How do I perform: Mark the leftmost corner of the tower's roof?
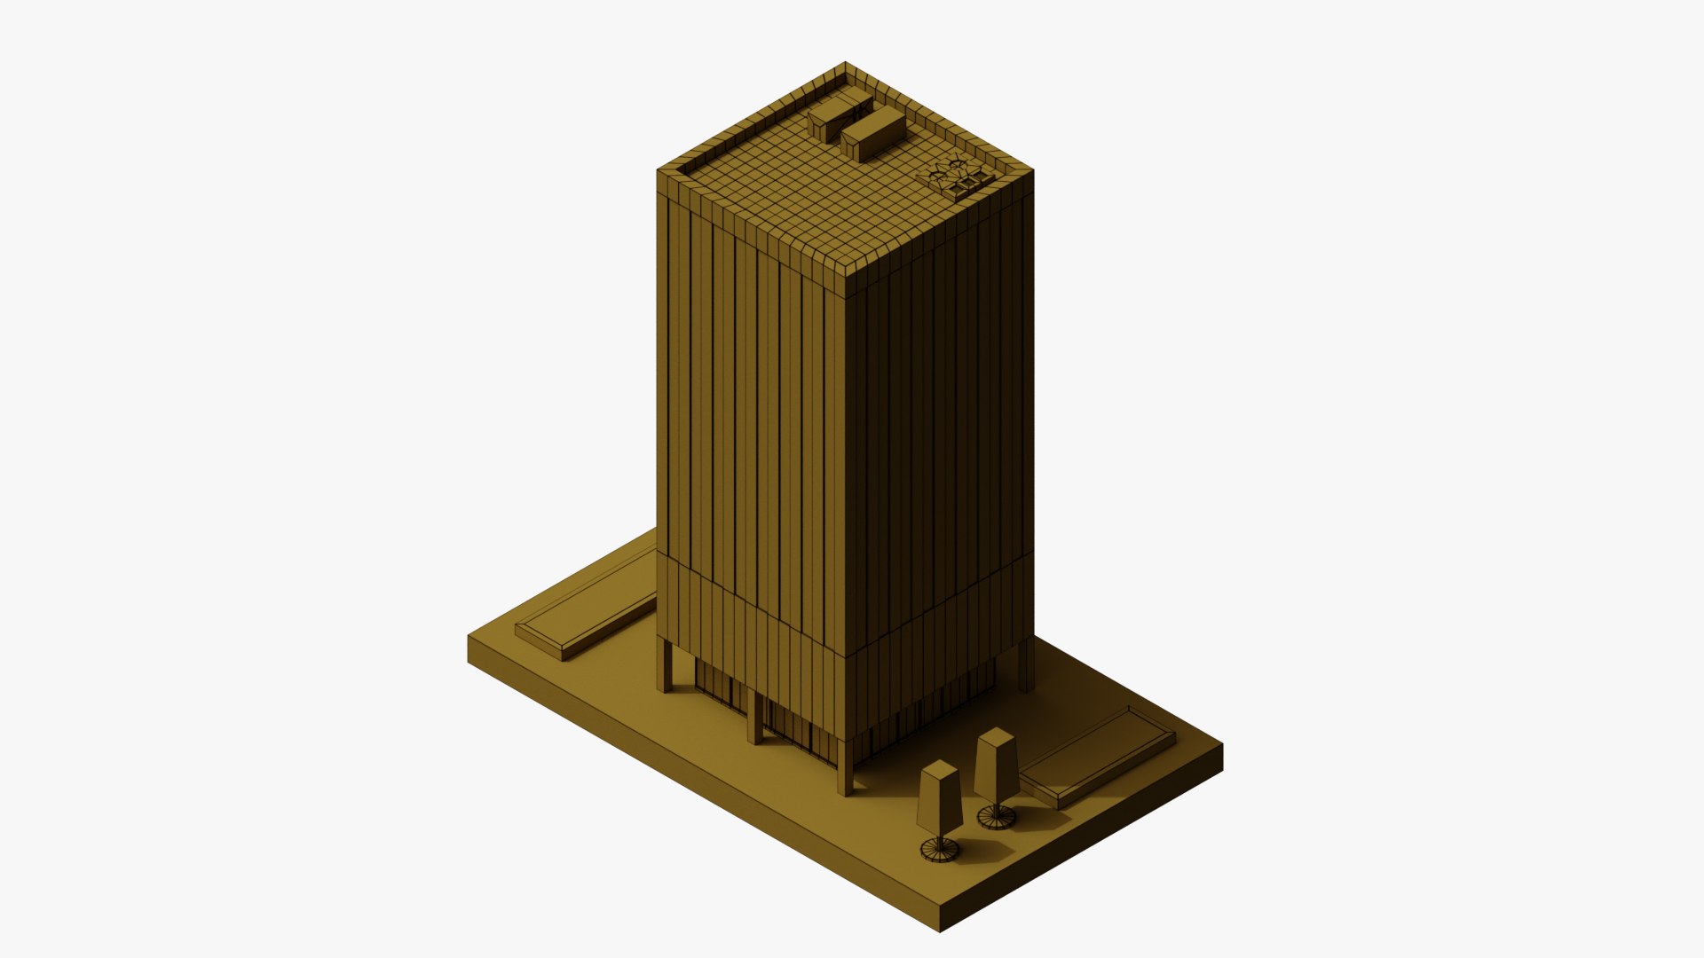pyautogui.click(x=659, y=170)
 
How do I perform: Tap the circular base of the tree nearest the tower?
pyautogui.click(x=997, y=815)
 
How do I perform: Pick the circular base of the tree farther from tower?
pyautogui.click(x=939, y=850)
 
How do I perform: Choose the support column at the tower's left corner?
pyautogui.click(x=664, y=665)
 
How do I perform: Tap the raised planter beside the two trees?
pyautogui.click(x=1097, y=757)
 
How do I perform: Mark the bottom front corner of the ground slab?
pyautogui.click(x=940, y=930)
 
